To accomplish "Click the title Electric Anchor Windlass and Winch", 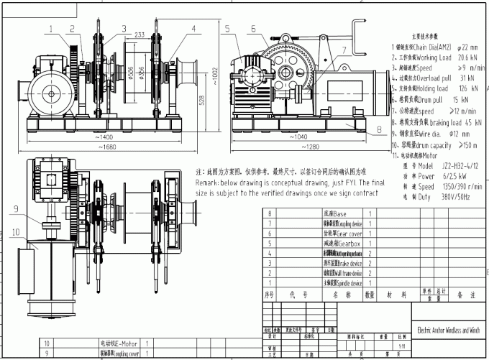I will (x=447, y=331).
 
